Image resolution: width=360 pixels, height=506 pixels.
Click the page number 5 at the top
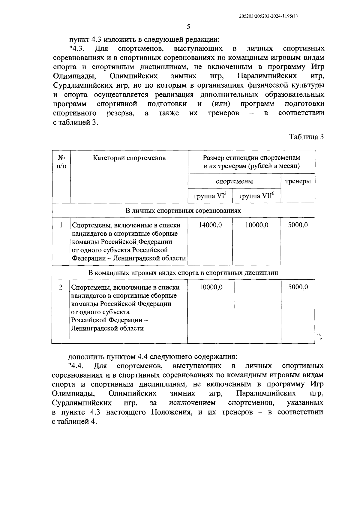pyautogui.click(x=188, y=27)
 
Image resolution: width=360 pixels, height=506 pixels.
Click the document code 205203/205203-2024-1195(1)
pyautogui.click(x=268, y=17)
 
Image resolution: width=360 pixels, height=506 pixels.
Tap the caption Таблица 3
pyautogui.click(x=306, y=137)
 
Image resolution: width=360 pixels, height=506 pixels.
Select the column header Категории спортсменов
pyautogui.click(x=129, y=158)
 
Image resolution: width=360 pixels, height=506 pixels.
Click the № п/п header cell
pyautogui.click(x=61, y=162)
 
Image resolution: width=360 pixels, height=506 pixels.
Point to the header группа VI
pyautogui.click(x=210, y=196)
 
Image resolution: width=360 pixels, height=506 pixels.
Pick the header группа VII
pyautogui.click(x=256, y=196)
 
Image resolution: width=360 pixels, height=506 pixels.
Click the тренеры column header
pyautogui.click(x=298, y=181)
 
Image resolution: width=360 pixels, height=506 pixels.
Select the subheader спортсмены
pyautogui.click(x=234, y=181)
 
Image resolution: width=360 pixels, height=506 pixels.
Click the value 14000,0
pyautogui.click(x=210, y=225)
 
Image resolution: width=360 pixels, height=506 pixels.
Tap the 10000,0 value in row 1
pyautogui.click(x=257, y=225)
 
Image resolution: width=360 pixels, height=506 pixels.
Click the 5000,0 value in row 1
pyautogui.click(x=298, y=225)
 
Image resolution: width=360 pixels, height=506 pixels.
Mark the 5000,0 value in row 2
pyautogui.click(x=298, y=287)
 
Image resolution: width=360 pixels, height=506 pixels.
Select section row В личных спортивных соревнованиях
pyautogui.click(x=183, y=211)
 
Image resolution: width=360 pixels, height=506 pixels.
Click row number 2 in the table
pyautogui.click(x=61, y=287)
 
